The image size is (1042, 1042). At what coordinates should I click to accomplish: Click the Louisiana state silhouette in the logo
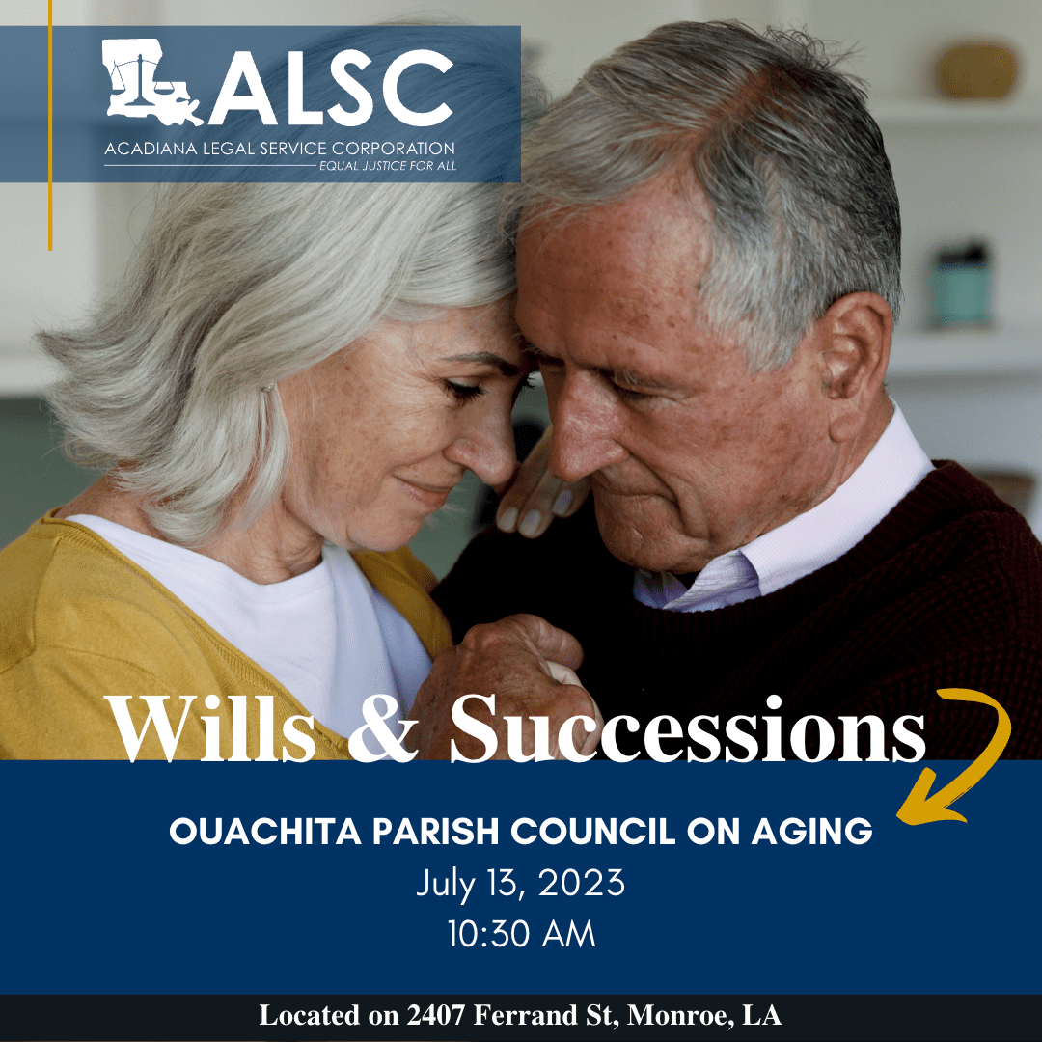point(150,81)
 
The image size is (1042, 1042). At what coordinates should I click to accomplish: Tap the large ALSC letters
point(330,87)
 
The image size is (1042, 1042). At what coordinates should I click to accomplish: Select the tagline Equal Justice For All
point(388,166)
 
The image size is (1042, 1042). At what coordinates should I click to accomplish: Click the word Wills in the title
point(210,729)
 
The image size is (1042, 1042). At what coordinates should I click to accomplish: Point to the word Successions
point(687,729)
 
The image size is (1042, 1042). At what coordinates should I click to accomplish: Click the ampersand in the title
point(382,729)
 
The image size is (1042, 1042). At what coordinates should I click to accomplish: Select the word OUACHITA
point(265,832)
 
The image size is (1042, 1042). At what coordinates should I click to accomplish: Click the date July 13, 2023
point(520,884)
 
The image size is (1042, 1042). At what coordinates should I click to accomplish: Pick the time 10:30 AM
point(521,934)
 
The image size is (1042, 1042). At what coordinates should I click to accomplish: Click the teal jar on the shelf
point(962,287)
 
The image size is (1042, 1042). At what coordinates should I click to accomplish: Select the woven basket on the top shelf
point(976,69)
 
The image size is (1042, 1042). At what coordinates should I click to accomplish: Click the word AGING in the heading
point(811,832)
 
